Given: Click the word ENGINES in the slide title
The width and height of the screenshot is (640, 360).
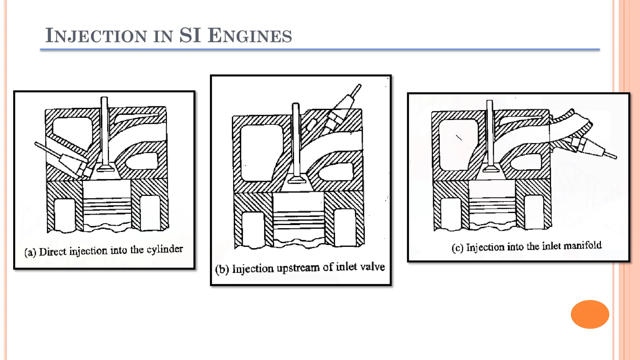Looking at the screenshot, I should [250, 36].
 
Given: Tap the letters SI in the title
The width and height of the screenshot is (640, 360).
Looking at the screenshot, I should [190, 36].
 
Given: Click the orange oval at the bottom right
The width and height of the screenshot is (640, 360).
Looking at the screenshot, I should [590, 314].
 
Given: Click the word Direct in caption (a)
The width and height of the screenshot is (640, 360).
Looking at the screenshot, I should [53, 252].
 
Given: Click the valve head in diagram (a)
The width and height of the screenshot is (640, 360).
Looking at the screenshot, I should [105, 169].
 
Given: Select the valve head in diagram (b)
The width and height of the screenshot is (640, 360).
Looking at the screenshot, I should [296, 180].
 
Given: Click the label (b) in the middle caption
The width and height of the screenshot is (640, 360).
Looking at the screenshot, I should [222, 269].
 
